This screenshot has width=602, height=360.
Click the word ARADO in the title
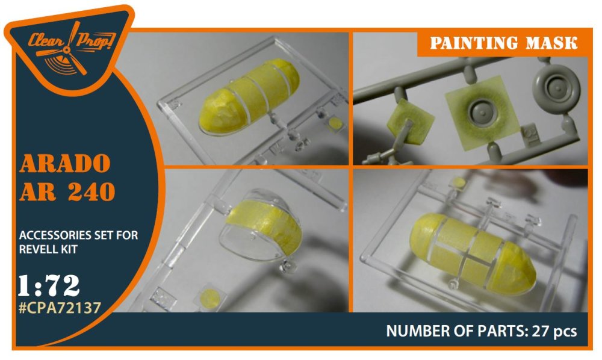point(65,164)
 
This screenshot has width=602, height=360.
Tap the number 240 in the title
point(92,192)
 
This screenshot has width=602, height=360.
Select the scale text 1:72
point(49,285)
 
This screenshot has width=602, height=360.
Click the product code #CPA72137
point(60,308)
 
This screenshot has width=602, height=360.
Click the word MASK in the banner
point(551,43)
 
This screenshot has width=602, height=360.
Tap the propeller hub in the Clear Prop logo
point(67,49)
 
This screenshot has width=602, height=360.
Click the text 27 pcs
point(554,331)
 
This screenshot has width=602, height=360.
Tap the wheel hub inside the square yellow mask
point(482,111)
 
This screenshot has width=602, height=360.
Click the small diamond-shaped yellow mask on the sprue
point(409,122)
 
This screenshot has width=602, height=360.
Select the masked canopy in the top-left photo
point(249,98)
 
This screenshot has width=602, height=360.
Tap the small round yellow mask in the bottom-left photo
point(209,298)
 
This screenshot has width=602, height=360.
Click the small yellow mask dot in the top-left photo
point(335,123)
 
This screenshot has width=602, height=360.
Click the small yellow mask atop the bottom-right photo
point(459,182)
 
